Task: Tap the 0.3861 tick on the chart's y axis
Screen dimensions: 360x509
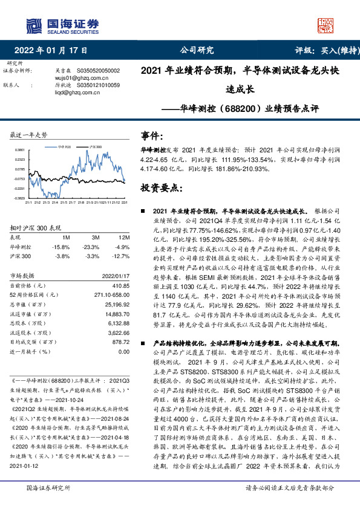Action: point(19,150)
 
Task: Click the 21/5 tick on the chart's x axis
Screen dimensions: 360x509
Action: point(65,203)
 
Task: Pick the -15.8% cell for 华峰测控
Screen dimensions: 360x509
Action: point(61,247)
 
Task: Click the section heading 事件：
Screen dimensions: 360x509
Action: point(153,135)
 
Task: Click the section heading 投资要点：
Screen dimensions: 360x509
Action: point(161,187)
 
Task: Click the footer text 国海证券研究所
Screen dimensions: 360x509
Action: point(45,487)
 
